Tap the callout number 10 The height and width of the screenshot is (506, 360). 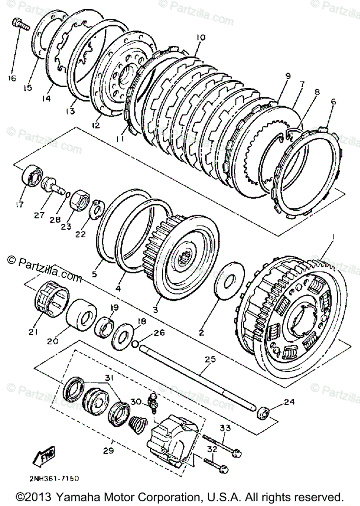(x=200, y=38)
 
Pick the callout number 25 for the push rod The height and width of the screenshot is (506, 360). (x=210, y=359)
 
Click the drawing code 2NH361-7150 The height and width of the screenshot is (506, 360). (x=54, y=479)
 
